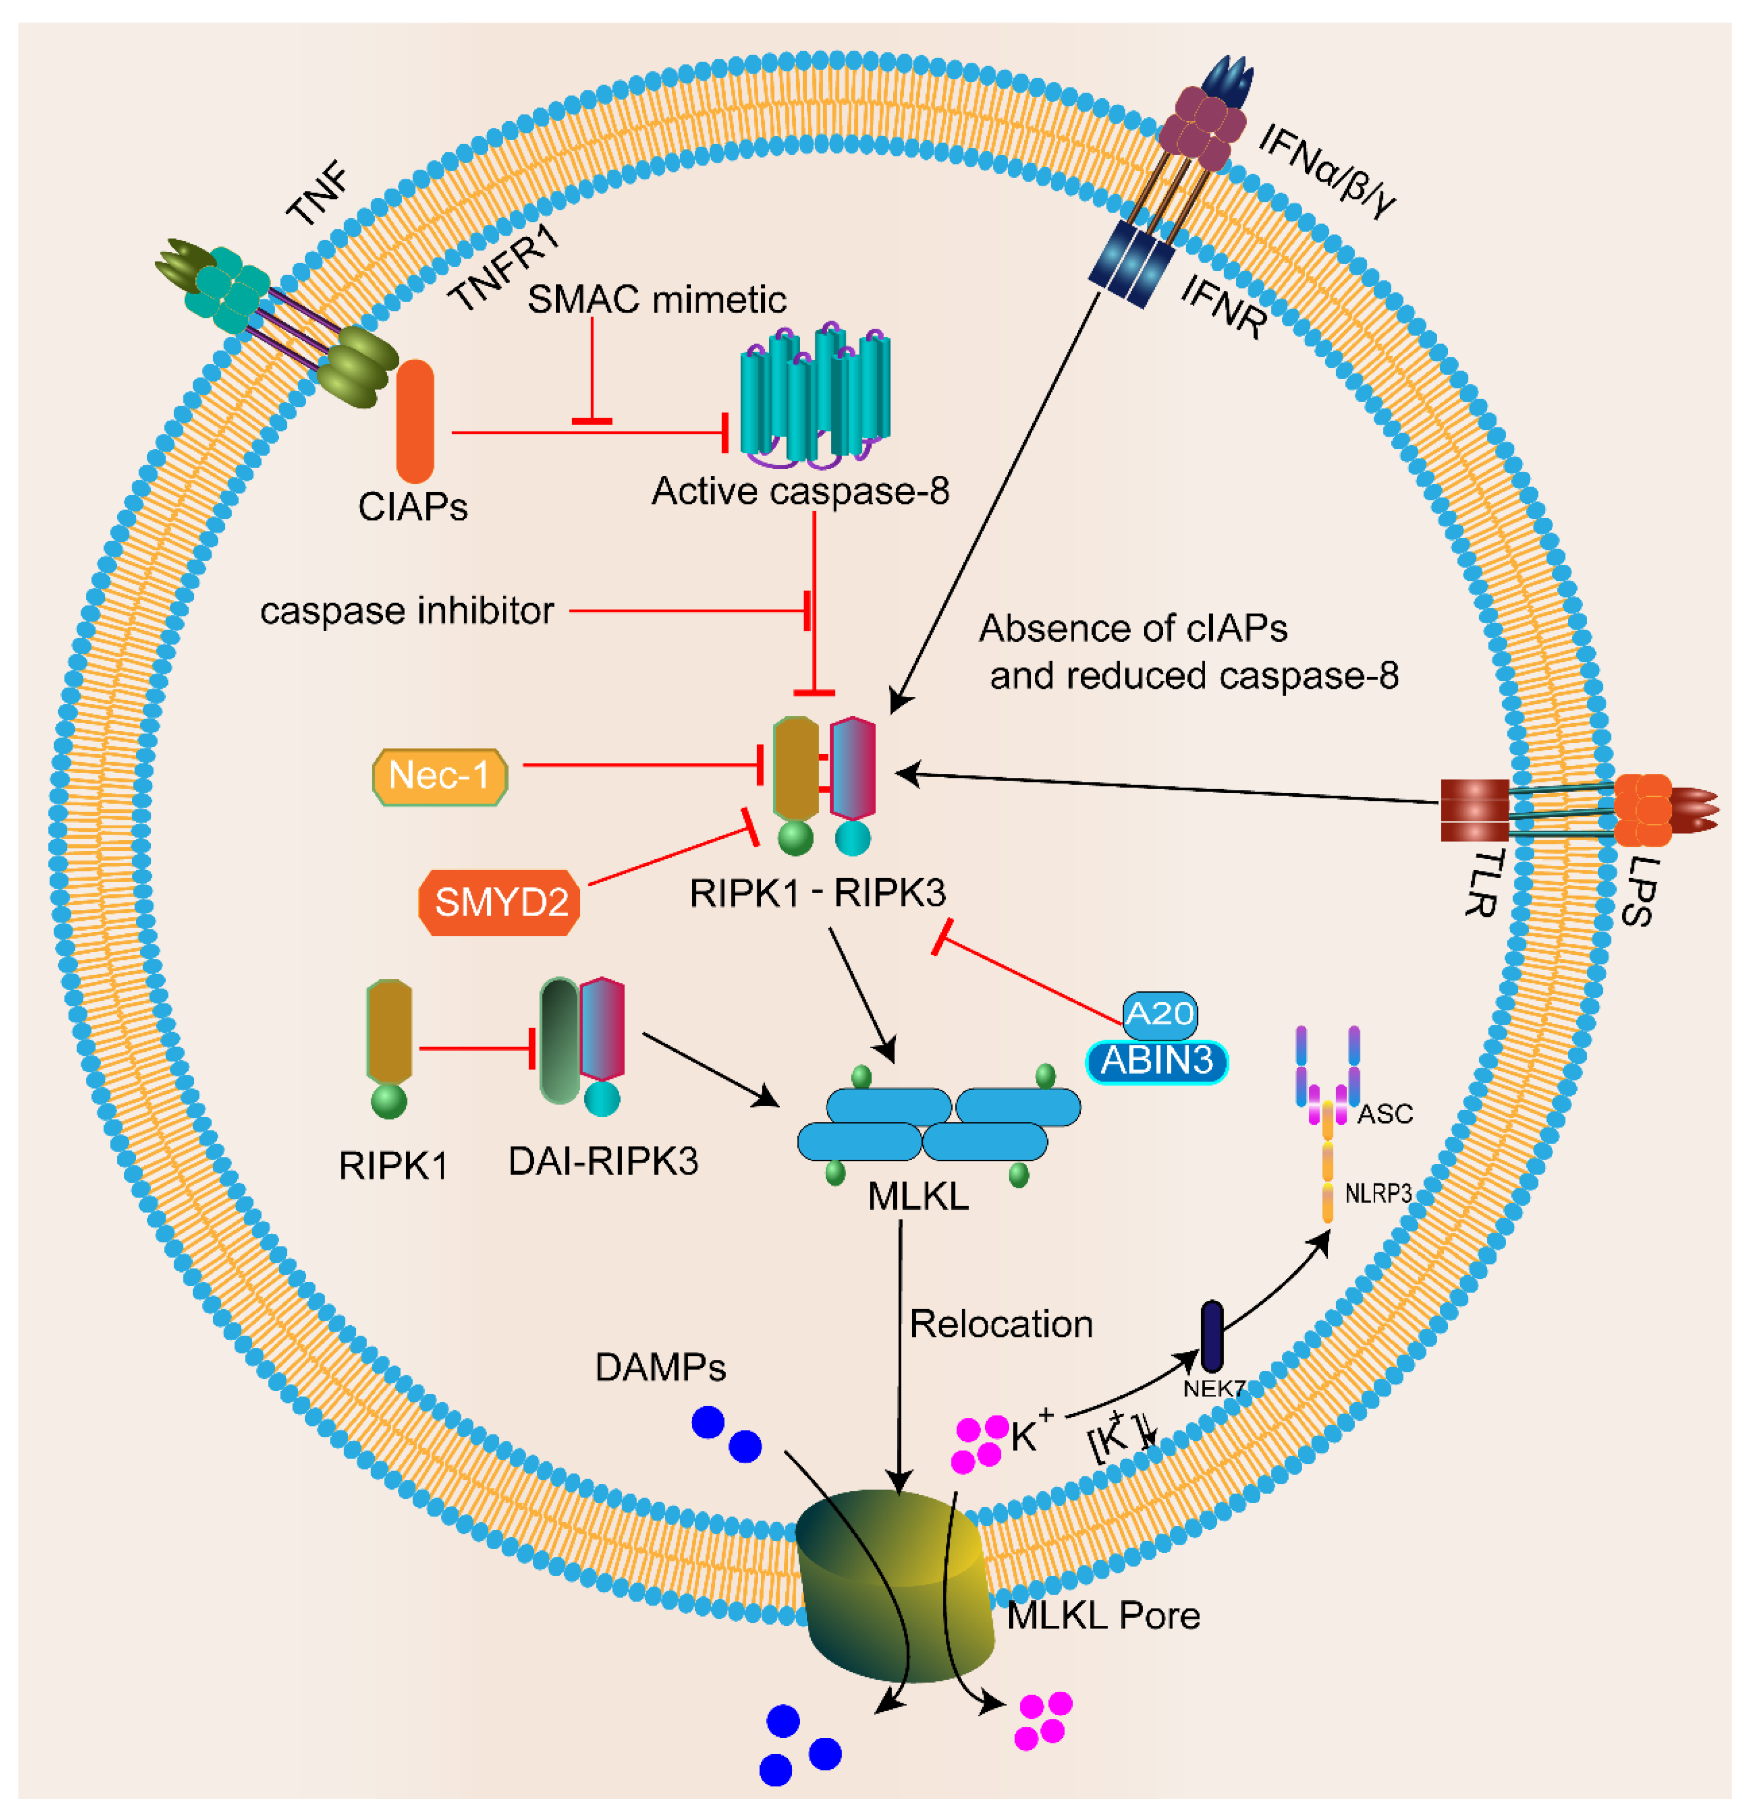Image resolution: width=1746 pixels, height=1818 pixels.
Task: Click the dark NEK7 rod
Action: click(x=1212, y=1336)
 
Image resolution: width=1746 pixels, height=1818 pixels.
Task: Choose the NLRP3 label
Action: click(x=1378, y=1194)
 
